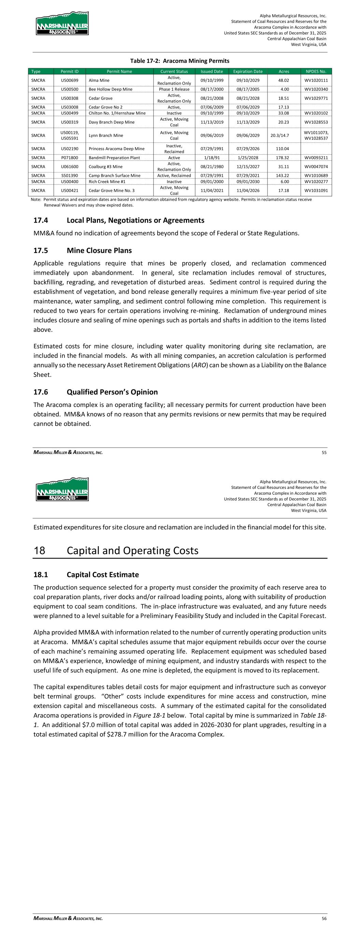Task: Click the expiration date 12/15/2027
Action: pyautogui.click(x=248, y=167)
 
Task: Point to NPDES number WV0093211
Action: pyautogui.click(x=316, y=158)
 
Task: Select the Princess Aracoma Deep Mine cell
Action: pyautogui.click(x=116, y=149)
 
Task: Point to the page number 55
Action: pyautogui.click(x=323, y=452)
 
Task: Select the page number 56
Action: pyautogui.click(x=323, y=918)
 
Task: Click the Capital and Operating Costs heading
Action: pyautogui.click(x=132, y=550)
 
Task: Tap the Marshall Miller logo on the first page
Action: pyautogui.click(x=62, y=23)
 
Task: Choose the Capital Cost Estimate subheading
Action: pyautogui.click(x=102, y=575)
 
